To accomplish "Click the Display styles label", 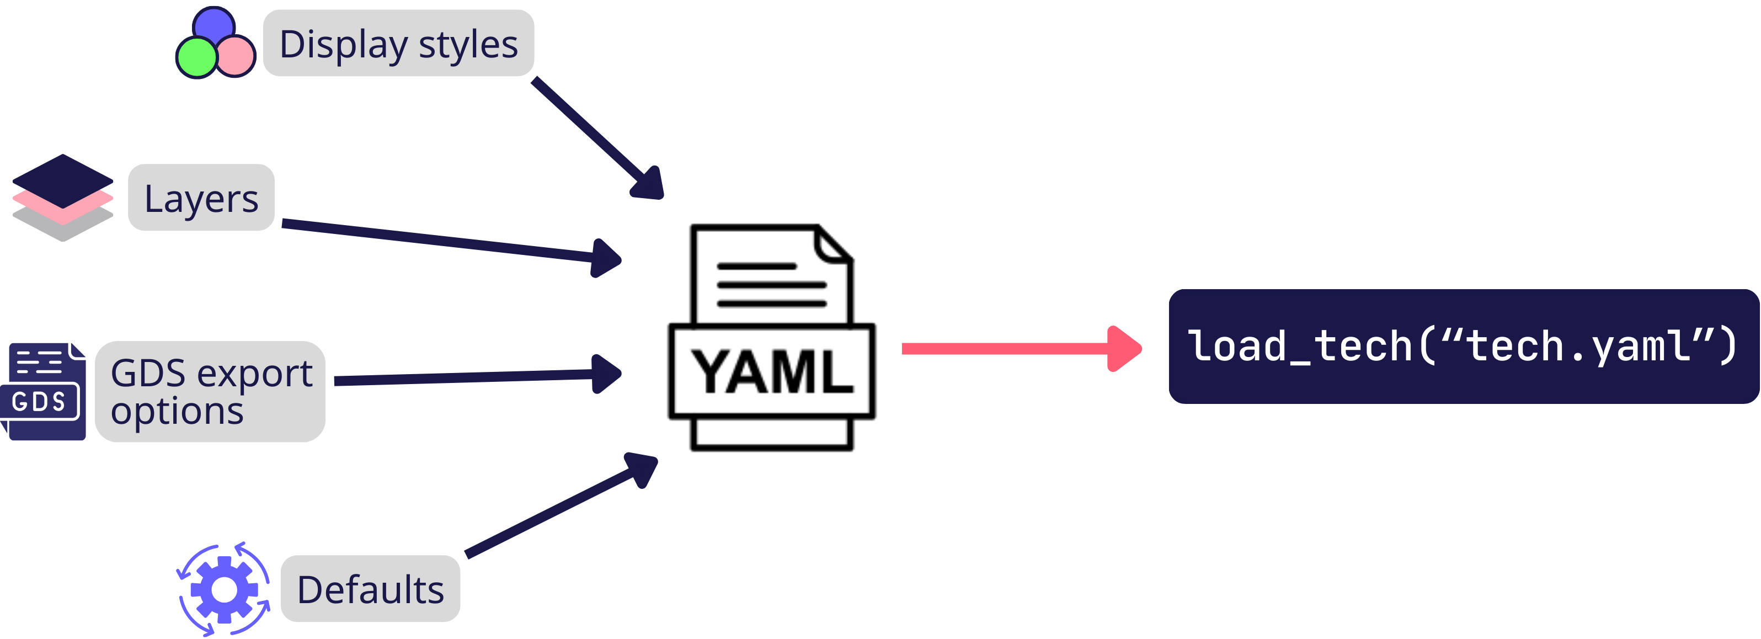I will tap(398, 43).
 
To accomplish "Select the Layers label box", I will tap(201, 198).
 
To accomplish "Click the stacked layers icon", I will tap(62, 198).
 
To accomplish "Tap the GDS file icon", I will tap(43, 392).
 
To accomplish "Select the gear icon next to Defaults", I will tap(223, 589).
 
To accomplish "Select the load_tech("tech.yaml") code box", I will tap(1463, 347).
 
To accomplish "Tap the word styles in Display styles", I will tap(468, 45).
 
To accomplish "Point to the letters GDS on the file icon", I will tap(39, 402).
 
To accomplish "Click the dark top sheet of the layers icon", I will tap(62, 179).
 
